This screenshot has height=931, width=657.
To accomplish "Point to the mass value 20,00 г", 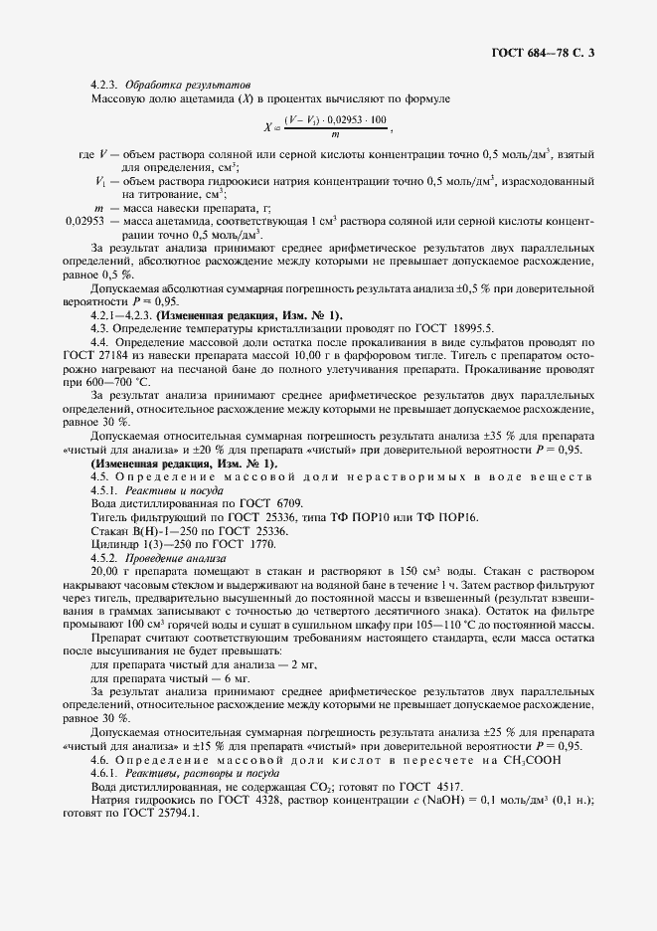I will click(112, 573).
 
